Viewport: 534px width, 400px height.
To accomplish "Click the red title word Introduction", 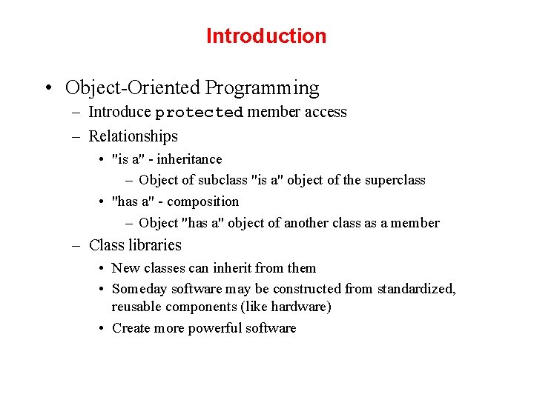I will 266,36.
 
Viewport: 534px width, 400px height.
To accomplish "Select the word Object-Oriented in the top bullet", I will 133,87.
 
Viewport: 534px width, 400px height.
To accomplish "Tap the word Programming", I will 262,87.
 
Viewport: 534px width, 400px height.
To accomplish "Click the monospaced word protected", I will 199,113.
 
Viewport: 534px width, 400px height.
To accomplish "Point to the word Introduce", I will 119,112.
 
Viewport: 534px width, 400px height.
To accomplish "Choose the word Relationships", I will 133,136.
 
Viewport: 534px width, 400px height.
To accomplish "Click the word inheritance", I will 189,159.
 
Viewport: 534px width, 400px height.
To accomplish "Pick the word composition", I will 202,201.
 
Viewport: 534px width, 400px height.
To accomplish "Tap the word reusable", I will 136,307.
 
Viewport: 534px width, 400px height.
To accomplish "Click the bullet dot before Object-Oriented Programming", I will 47,88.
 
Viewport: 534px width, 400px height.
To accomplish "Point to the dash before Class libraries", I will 76,245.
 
